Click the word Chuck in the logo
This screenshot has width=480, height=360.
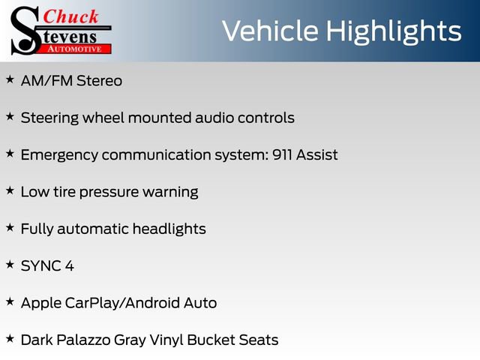click(70, 16)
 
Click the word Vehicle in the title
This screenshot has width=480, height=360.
click(270, 31)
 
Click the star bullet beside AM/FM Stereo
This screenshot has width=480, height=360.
click(10, 79)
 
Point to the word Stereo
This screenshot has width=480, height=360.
click(99, 81)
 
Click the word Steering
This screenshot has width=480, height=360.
click(49, 118)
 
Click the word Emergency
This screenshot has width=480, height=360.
click(59, 155)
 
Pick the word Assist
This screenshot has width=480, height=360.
click(316, 154)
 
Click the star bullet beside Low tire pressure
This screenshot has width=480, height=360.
click(10, 190)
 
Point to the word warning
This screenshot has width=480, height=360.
click(170, 193)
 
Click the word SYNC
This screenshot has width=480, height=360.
click(41, 266)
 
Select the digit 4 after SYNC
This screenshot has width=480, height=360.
click(70, 266)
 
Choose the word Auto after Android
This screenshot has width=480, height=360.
click(200, 303)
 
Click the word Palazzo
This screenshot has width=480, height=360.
click(83, 340)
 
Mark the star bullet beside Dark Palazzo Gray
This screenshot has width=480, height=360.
click(10, 339)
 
